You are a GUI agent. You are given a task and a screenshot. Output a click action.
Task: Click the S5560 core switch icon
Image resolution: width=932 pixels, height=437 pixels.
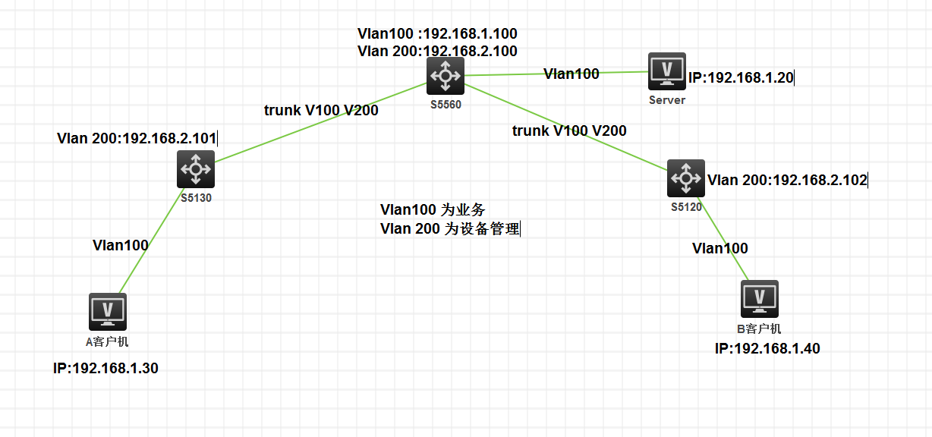coord(445,76)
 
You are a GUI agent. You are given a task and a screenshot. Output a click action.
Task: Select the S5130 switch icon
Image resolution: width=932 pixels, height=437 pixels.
coord(196,168)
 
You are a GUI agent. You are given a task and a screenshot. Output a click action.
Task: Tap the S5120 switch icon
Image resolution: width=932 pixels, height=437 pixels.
coord(686,178)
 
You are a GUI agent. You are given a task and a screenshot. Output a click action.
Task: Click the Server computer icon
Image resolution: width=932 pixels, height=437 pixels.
coord(667,72)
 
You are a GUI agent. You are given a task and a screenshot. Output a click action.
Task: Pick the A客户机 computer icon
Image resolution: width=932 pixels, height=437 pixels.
coord(108,312)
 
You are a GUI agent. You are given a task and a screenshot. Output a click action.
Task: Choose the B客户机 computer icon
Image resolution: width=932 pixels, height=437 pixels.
coord(760,299)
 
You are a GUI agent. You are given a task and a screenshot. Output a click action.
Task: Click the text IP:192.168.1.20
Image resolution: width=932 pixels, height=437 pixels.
coord(741,78)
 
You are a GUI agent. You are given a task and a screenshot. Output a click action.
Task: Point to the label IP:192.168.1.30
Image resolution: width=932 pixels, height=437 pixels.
coord(105,369)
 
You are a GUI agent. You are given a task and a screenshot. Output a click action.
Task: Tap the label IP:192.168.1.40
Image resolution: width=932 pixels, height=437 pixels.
coord(767,349)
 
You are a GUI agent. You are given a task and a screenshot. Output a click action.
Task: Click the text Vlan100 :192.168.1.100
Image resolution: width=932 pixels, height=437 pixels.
coord(437,34)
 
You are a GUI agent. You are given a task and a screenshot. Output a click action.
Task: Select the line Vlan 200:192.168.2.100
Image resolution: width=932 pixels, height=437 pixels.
coord(437,52)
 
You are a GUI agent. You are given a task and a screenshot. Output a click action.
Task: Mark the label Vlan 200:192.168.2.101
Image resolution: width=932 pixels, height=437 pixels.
coord(137,139)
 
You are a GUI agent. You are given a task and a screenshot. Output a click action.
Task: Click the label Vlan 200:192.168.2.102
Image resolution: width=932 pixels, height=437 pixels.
coord(787,181)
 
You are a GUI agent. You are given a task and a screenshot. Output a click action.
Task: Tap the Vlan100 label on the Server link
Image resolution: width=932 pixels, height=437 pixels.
coord(571,74)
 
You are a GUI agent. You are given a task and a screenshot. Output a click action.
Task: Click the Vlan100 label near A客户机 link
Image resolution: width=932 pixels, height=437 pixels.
coord(121,245)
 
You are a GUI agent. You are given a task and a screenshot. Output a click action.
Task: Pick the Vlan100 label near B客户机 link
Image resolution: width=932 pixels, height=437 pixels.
coord(720,248)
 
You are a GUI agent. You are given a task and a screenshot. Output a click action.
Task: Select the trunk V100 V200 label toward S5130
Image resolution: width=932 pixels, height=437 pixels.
coord(321,110)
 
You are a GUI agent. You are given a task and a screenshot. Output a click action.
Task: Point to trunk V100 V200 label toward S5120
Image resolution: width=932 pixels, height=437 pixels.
coord(569,130)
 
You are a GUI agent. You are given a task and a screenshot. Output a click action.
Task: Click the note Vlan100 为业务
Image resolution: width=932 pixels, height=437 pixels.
coord(433,209)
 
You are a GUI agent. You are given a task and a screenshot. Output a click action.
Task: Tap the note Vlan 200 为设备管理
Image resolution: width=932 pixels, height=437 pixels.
coord(449,228)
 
